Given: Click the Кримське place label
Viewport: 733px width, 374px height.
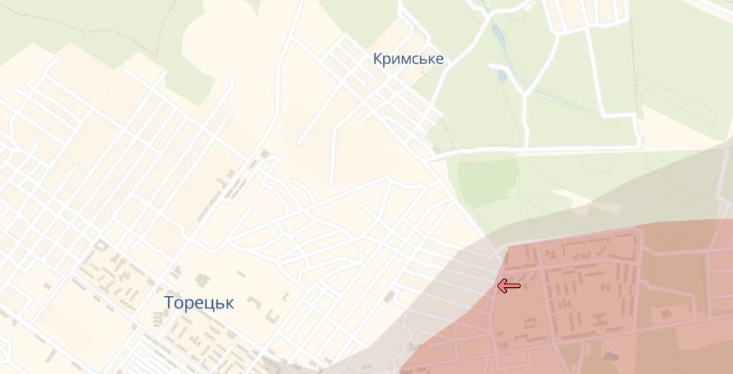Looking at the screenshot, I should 409,59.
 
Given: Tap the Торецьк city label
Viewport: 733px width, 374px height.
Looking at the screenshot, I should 199,303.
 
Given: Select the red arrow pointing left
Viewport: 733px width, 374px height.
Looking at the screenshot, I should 509,286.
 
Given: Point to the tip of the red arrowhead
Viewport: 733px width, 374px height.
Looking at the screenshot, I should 499,286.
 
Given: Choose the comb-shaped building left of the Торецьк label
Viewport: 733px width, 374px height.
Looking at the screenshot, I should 157,317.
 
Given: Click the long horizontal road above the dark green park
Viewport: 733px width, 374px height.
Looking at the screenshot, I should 538,150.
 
